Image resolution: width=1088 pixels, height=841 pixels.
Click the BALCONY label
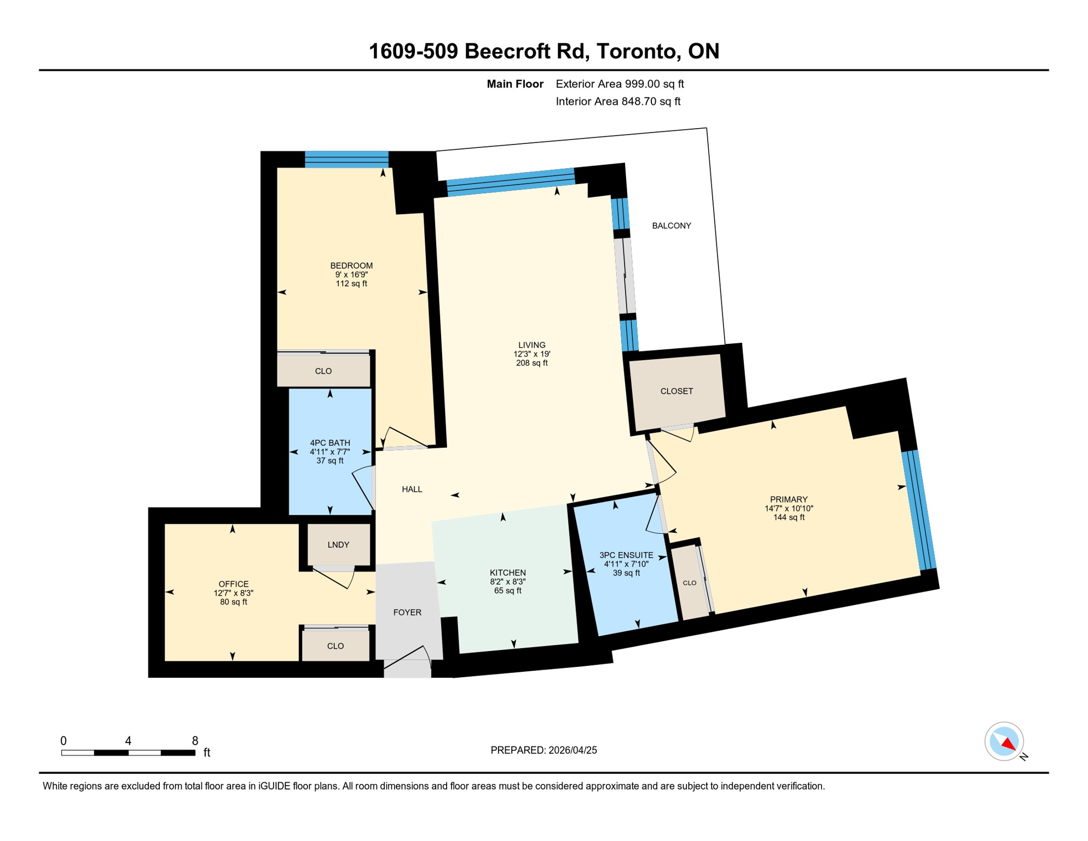click(671, 226)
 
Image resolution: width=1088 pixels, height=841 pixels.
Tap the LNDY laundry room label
click(338, 545)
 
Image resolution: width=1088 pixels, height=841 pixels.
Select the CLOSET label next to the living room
click(676, 391)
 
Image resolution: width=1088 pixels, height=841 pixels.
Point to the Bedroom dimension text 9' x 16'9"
click(351, 275)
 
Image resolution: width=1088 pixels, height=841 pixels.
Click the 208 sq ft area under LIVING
click(531, 363)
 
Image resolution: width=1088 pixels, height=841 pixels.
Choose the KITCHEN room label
click(507, 573)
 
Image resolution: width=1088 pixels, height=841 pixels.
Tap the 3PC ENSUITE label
click(626, 555)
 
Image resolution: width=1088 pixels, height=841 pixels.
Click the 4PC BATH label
click(330, 443)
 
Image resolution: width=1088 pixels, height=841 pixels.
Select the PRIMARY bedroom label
click(789, 499)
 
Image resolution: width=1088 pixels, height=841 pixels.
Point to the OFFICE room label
click(234, 584)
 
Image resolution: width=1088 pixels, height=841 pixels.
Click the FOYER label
click(407, 612)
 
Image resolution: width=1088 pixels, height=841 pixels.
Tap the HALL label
click(412, 489)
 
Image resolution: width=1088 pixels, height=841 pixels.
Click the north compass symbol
click(1004, 742)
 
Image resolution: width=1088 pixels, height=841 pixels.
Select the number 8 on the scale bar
click(195, 741)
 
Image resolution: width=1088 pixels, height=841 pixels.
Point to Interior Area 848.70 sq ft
click(618, 101)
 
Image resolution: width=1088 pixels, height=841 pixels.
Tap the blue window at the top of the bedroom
click(346, 159)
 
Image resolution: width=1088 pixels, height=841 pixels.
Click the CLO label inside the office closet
click(335, 646)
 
